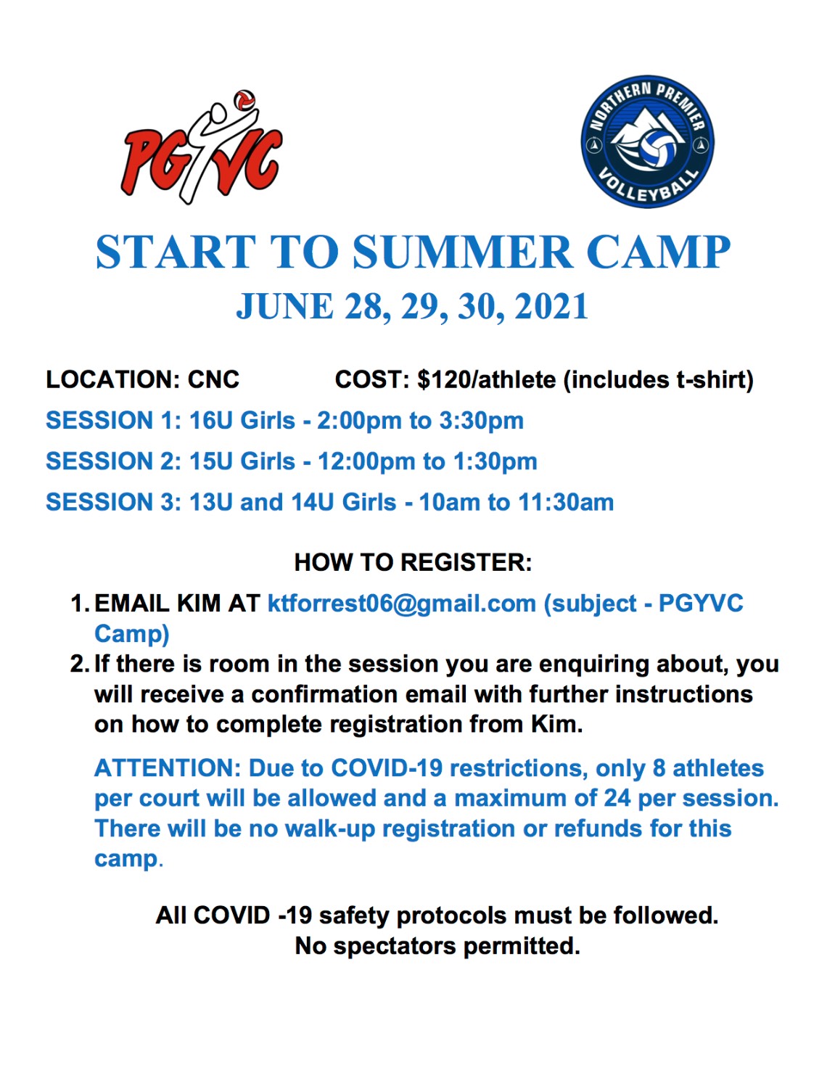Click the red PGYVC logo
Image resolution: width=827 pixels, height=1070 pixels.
[202, 148]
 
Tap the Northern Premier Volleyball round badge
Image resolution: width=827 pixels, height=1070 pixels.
[648, 141]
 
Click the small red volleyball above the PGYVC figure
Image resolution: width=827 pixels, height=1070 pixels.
[244, 100]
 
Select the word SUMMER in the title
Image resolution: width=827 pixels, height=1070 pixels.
[462, 252]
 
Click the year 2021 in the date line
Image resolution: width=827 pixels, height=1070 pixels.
[551, 306]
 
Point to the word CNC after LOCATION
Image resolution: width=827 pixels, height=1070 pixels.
[213, 379]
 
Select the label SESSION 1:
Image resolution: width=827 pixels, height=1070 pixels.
[113, 421]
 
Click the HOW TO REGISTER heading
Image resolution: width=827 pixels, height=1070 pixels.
[413, 562]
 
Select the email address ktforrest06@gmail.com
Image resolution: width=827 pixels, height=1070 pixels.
[402, 604]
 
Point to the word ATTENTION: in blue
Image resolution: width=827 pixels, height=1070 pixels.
[167, 768]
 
